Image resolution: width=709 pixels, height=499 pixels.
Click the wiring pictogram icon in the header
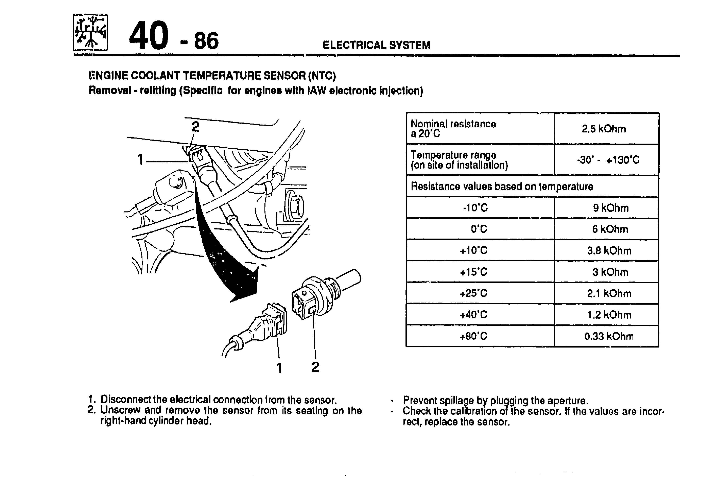[90, 32]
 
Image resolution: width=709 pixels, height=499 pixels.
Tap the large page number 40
[149, 35]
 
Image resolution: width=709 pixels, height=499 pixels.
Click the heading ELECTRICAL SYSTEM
[376, 45]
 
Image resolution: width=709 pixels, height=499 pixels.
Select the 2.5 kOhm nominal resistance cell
[604, 129]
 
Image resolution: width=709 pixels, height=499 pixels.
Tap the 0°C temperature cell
[479, 229]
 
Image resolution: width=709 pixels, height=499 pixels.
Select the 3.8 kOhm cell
[609, 251]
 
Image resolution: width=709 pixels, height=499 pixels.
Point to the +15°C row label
[473, 272]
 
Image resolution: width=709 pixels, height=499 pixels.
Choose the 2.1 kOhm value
[609, 293]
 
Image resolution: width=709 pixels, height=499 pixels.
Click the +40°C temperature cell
[473, 315]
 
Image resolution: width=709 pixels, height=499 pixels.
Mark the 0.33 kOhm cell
[609, 336]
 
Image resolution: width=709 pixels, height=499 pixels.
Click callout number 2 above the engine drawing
[195, 127]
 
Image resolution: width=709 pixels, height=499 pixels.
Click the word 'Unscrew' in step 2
[120, 410]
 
